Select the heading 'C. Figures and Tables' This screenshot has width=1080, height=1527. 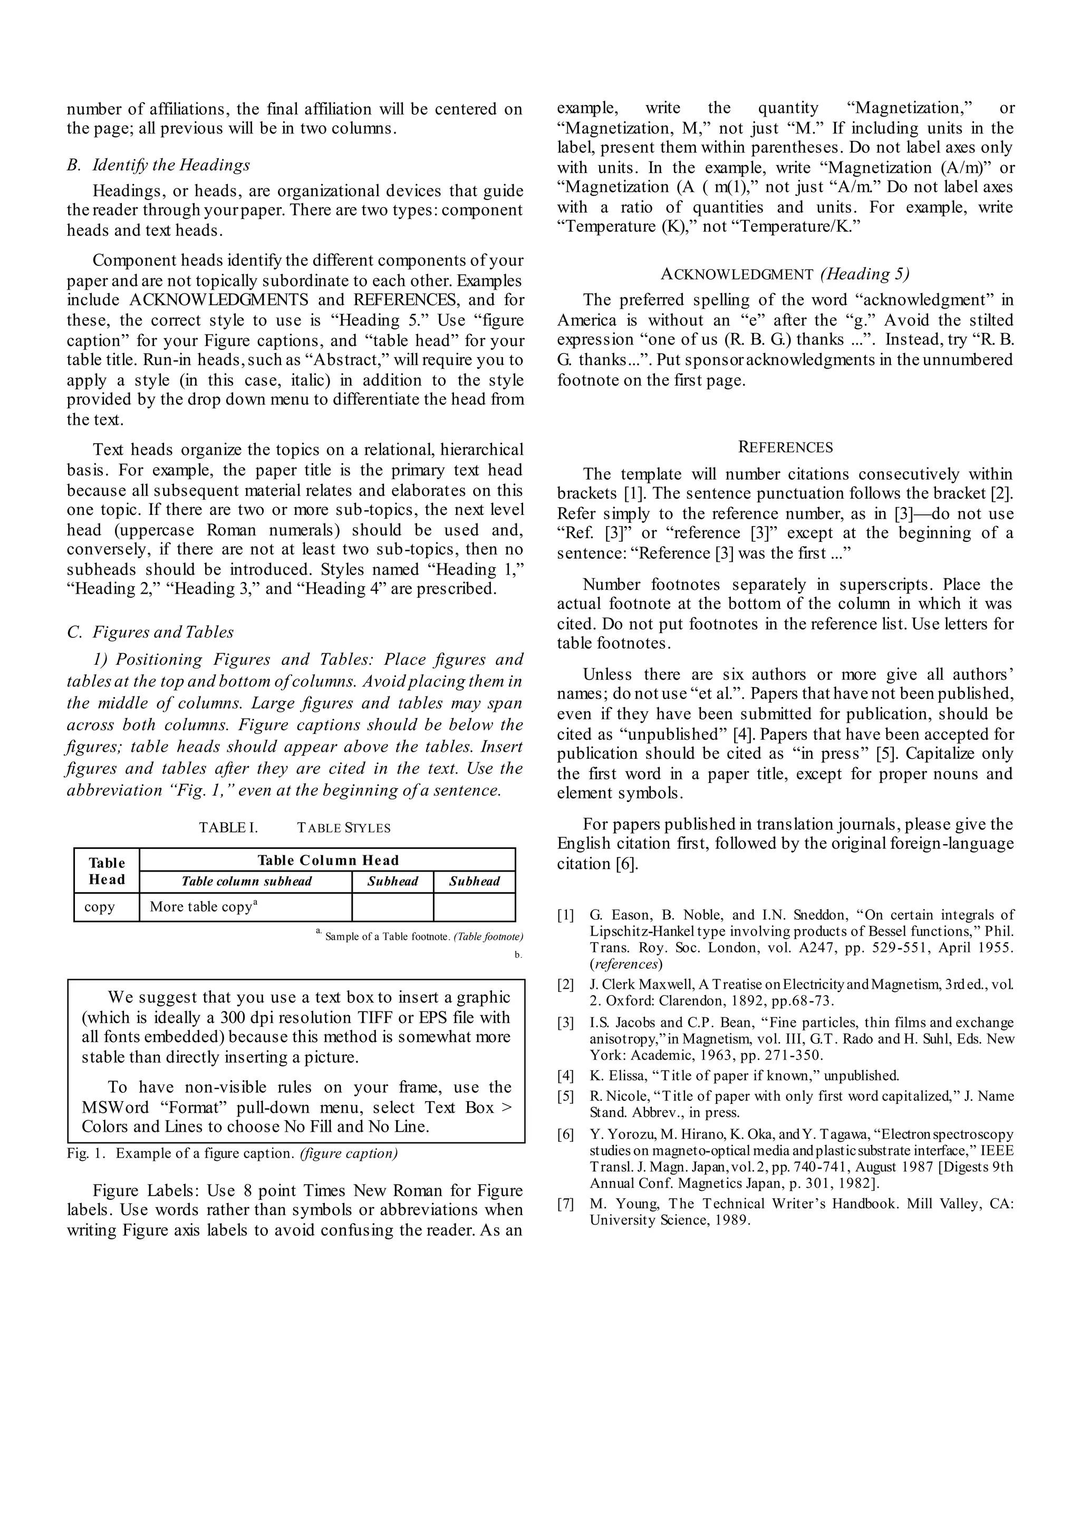[150, 632]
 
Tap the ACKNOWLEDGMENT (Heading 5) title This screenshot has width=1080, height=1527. [785, 274]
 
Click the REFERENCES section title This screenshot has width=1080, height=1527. [785, 447]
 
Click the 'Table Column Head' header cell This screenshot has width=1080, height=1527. [328, 860]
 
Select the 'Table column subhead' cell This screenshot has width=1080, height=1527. [246, 882]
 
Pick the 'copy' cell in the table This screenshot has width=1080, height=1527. [100, 907]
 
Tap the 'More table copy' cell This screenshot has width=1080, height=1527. [204, 907]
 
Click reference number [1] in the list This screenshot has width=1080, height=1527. [565, 915]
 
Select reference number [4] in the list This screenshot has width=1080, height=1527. [565, 1075]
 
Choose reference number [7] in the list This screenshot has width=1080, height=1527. [565, 1204]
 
